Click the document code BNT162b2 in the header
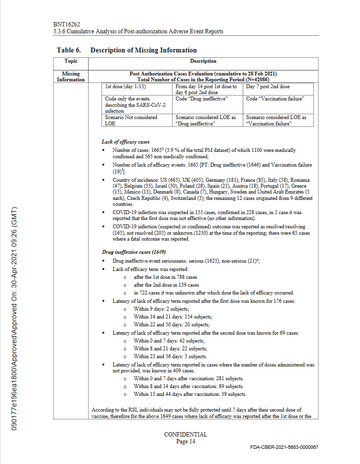pyautogui.click(x=67, y=24)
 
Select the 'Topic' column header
pyautogui.click(x=71, y=61)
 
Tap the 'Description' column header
pyautogui.click(x=203, y=61)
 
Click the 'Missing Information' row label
pyautogui.click(x=71, y=76)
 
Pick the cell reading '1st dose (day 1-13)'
pyautogui.click(x=126, y=86)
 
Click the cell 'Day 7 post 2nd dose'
pyautogui.click(x=268, y=86)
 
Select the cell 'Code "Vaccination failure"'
pyautogui.click(x=275, y=98)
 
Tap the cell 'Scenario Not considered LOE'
pyautogui.click(x=131, y=120)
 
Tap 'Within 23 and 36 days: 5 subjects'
pyautogui.click(x=171, y=356)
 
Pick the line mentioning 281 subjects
pyautogui.click(x=189, y=379)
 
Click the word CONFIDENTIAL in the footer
pyautogui.click(x=185, y=435)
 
